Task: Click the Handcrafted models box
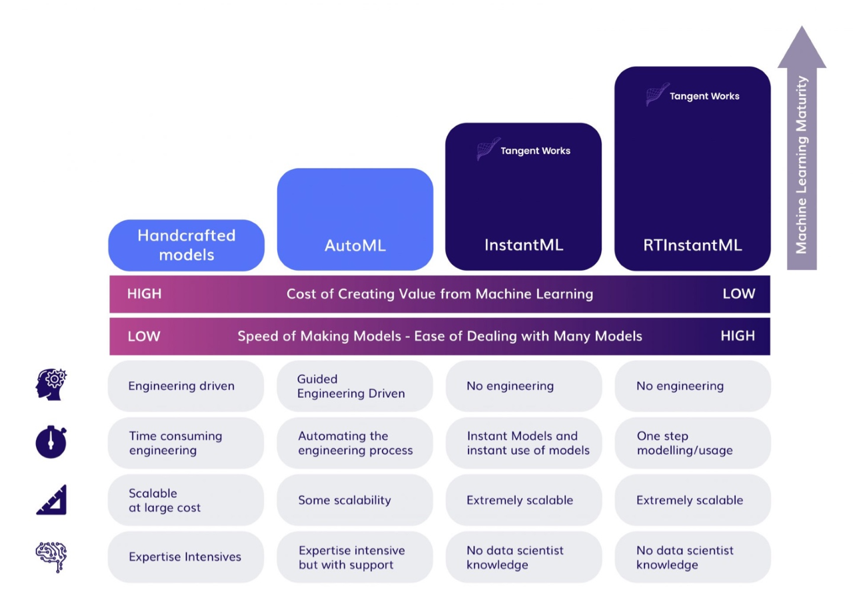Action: (x=186, y=245)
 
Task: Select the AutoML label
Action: (x=355, y=245)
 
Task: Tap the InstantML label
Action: (x=524, y=245)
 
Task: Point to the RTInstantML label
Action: (x=692, y=245)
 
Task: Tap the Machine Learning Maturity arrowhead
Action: (x=802, y=47)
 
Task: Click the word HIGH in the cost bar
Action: (x=145, y=294)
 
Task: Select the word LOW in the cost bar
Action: (x=739, y=294)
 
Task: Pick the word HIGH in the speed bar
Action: (x=738, y=336)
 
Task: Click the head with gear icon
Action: (x=51, y=384)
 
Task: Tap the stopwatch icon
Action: (x=51, y=442)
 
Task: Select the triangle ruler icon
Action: (x=52, y=500)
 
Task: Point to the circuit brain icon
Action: (x=51, y=557)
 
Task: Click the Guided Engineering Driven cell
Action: (x=355, y=386)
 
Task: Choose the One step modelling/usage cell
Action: (x=692, y=443)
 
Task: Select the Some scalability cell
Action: (x=355, y=500)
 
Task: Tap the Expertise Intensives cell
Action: (x=186, y=557)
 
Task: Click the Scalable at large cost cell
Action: (x=186, y=500)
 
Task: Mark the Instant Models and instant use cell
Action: (x=524, y=443)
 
